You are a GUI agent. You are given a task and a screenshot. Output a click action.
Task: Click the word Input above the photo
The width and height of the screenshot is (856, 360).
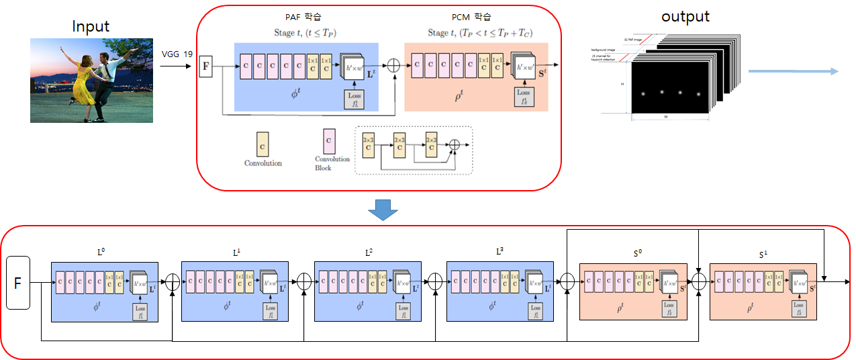pyautogui.click(x=91, y=26)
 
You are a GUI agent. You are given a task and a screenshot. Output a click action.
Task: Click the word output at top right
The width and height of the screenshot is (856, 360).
pyautogui.click(x=685, y=16)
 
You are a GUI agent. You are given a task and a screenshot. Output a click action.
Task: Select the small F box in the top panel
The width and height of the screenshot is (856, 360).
pyautogui.click(x=205, y=66)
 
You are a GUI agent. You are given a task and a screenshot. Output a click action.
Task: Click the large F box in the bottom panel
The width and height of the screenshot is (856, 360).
pyautogui.click(x=18, y=282)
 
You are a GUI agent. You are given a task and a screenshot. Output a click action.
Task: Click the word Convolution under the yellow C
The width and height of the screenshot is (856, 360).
pyautogui.click(x=263, y=163)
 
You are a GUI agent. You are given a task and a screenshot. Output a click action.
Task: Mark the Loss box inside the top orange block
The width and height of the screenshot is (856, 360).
pyautogui.click(x=524, y=97)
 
